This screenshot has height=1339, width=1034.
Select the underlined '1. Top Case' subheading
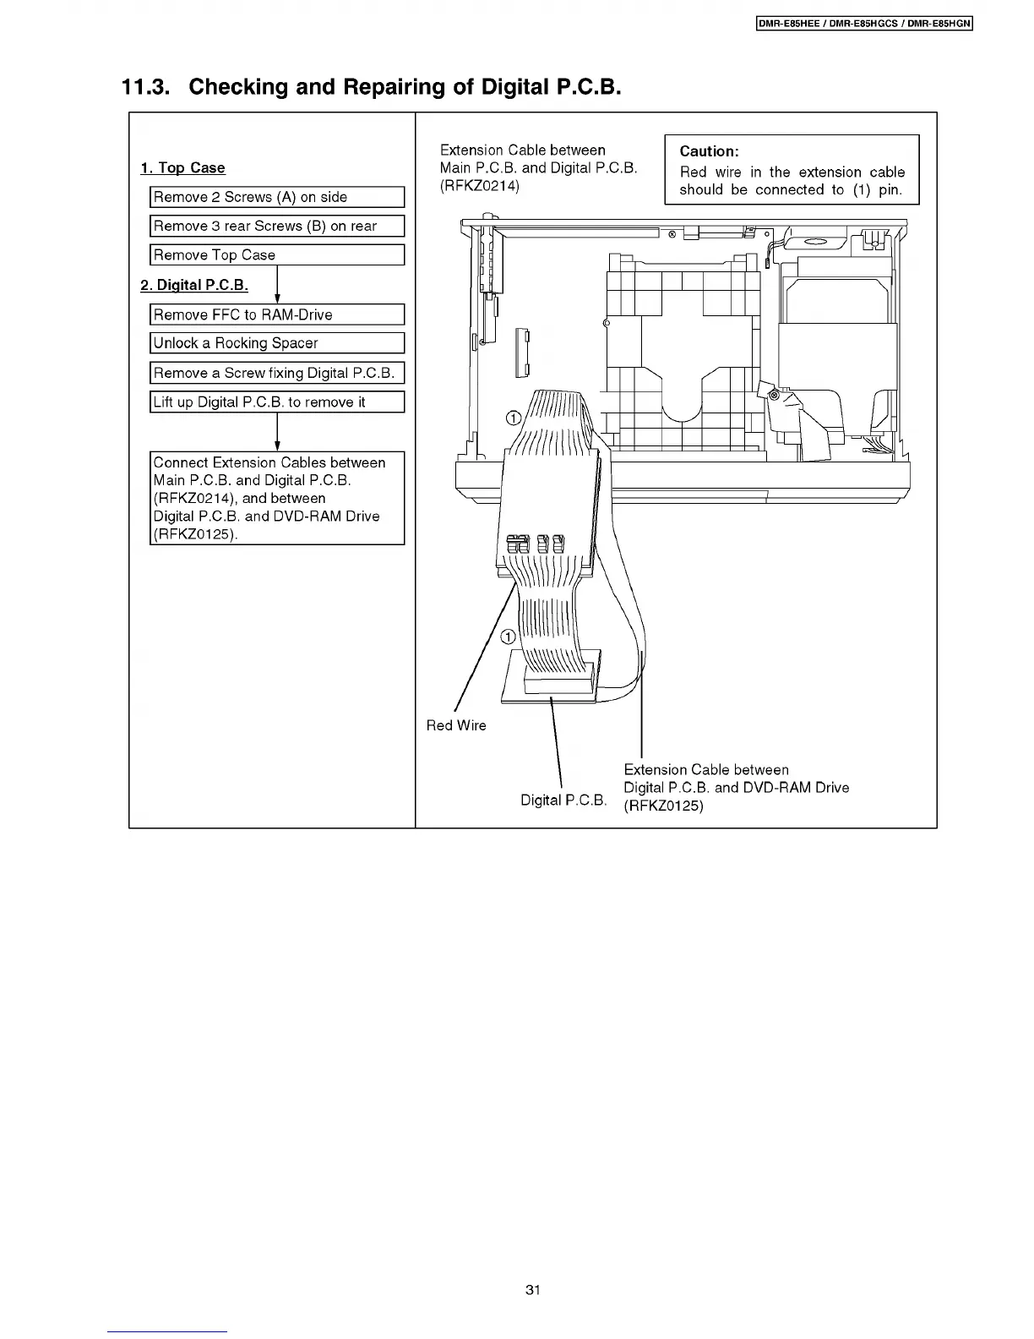183,167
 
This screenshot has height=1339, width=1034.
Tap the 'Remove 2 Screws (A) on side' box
277,197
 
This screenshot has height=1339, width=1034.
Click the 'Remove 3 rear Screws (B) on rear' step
277,226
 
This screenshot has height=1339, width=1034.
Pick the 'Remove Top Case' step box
277,254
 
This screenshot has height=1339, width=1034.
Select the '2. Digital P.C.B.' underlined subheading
194,285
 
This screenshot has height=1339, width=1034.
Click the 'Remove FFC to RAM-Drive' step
277,314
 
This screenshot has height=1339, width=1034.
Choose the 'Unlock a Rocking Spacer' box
277,343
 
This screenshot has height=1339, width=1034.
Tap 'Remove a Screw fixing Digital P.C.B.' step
277,373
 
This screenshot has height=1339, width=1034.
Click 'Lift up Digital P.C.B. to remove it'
277,402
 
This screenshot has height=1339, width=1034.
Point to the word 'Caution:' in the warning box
709,151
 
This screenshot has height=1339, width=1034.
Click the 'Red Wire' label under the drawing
456,725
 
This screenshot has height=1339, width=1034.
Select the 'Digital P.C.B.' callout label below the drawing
563,800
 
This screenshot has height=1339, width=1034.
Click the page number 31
532,1289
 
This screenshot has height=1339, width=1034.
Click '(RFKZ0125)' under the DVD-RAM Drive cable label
663,806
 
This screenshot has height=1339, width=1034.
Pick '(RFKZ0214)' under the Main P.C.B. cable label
480,186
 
